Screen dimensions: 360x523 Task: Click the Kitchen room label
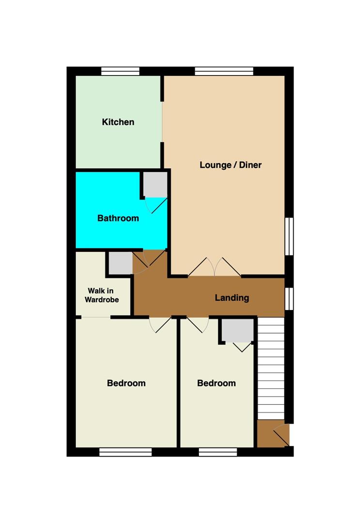point(118,122)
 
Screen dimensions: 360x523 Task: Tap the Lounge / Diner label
point(231,165)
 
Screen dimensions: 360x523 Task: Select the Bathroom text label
point(118,218)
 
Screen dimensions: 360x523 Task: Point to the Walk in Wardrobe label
point(102,295)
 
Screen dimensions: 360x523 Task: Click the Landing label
point(232,297)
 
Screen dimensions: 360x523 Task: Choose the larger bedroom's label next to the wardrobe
point(126,383)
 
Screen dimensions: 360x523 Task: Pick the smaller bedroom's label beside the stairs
point(216,383)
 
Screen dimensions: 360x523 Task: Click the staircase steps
point(271,368)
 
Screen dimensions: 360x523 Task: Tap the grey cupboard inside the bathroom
point(155,185)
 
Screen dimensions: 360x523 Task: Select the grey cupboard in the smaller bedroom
point(238,330)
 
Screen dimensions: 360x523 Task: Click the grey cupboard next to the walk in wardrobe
point(120,263)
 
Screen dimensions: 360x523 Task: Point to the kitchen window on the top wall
point(120,71)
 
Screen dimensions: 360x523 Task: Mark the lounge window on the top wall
point(224,71)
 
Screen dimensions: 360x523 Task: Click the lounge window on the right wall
point(289,236)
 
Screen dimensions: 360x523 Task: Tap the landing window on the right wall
point(289,298)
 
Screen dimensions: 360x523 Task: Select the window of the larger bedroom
point(126,452)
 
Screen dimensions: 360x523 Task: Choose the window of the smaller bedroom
point(218,452)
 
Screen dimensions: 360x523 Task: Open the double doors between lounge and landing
point(214,267)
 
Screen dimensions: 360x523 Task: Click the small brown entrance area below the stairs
point(273,433)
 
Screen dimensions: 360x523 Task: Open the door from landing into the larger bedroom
point(160,324)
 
